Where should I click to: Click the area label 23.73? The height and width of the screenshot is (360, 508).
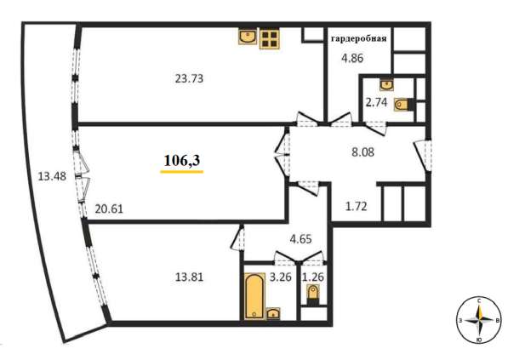189,78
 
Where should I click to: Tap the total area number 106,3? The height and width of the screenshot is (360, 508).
182,160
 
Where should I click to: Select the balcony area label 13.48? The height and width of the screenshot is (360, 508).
52,177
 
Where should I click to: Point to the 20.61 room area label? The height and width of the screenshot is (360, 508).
109,209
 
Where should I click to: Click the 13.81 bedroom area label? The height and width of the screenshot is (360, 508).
189,277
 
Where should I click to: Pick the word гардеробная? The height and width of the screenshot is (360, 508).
358,39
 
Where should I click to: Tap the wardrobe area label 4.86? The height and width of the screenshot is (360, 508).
352,59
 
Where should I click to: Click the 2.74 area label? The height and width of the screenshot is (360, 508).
376,102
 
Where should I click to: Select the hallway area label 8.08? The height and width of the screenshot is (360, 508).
362,151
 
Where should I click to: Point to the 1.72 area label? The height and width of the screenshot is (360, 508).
356,206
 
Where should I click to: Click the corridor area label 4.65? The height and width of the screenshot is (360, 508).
300,239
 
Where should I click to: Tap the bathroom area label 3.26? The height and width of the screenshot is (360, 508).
281,277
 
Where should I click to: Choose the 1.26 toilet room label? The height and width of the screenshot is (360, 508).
313,277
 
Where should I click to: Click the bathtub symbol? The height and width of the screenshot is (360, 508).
254,296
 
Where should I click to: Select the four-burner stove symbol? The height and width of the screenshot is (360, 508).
269,39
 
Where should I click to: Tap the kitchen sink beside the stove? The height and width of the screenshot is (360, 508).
248,37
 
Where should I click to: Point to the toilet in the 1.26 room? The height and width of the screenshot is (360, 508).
313,294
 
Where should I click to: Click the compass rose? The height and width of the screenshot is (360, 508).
479,320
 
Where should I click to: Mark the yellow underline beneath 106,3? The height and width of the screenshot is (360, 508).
182,171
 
